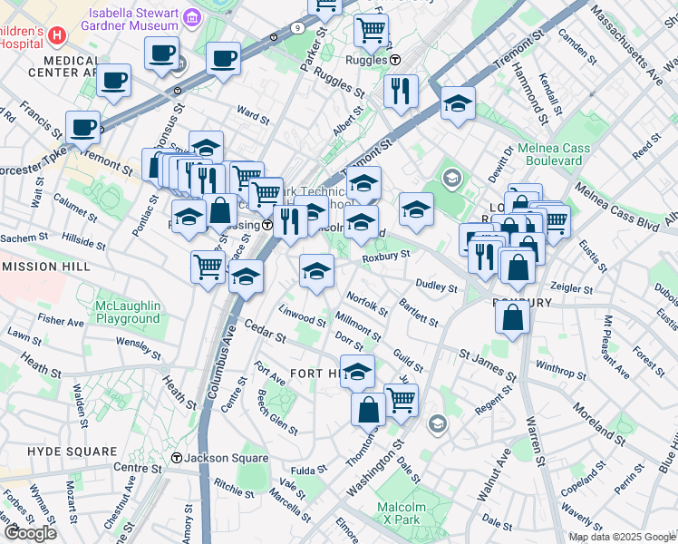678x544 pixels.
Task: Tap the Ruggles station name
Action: coord(365,60)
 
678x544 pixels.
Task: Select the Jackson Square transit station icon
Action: coord(177,459)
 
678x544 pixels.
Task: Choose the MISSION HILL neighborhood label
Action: coord(46,267)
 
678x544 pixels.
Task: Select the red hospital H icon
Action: coord(57,35)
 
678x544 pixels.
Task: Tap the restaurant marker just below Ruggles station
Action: coord(400,91)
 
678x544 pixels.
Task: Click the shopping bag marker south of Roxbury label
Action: coord(513,318)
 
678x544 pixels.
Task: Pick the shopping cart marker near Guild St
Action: coord(400,399)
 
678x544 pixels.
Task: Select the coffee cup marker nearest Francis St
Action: coord(82,128)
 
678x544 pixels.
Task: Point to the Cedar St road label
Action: coord(265,332)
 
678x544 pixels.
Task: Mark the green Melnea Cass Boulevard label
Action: coord(553,154)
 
